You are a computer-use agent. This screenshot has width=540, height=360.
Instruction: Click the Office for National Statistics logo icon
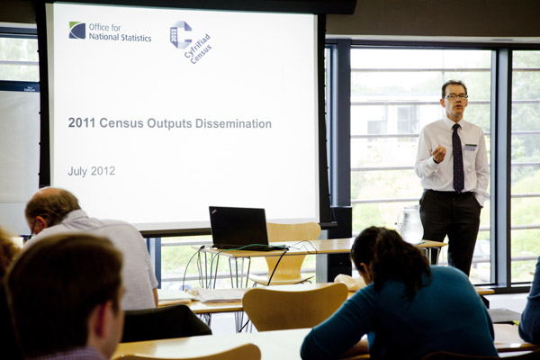pos(77,31)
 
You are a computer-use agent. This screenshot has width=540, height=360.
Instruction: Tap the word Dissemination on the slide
pos(233,123)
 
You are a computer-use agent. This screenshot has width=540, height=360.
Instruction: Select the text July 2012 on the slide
pos(91,171)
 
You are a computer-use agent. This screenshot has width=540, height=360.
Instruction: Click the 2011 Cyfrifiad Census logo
pos(190,42)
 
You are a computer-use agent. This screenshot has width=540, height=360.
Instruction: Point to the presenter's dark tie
pos(458,158)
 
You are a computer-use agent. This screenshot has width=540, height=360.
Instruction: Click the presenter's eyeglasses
pos(456,97)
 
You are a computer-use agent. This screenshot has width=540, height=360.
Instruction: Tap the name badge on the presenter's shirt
pos(471,148)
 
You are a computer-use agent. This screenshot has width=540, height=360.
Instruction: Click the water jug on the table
pos(409,225)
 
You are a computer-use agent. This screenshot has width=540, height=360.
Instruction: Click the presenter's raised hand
pos(439,153)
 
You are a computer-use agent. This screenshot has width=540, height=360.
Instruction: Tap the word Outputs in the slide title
pos(169,124)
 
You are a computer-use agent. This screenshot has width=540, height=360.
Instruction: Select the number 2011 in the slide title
pos(82,123)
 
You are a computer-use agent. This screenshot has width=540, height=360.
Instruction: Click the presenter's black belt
pos(449,192)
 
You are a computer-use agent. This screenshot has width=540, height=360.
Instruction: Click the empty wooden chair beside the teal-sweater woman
pos(295,307)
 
